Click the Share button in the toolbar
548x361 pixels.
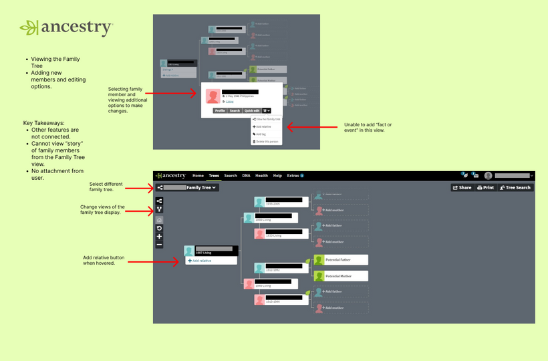pyautogui.click(x=462, y=188)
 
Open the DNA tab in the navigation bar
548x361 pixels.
pyautogui.click(x=246, y=176)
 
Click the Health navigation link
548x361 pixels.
pyautogui.click(x=261, y=176)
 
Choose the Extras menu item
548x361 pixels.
pyautogui.click(x=294, y=176)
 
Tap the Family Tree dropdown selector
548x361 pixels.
pyautogui.click(x=187, y=188)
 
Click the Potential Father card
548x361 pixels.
pyautogui.click(x=341, y=259)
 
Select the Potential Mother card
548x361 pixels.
pyautogui.click(x=341, y=275)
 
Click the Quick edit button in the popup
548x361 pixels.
pyautogui.click(x=251, y=110)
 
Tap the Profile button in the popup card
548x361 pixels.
pyautogui.click(x=220, y=110)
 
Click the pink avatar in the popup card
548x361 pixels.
pyautogui.click(x=213, y=96)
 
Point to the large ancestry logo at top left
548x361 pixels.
pyautogui.click(x=66, y=27)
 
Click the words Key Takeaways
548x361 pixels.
pyautogui.click(x=44, y=124)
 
